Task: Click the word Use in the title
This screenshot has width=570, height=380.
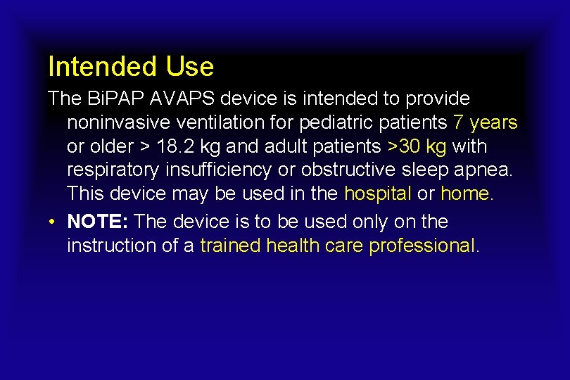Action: [x=190, y=67]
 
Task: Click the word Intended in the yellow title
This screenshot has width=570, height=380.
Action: [x=102, y=67]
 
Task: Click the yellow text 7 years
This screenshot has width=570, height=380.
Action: [x=486, y=123]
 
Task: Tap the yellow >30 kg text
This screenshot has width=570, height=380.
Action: [x=417, y=147]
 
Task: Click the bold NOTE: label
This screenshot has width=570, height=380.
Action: [x=98, y=222]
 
